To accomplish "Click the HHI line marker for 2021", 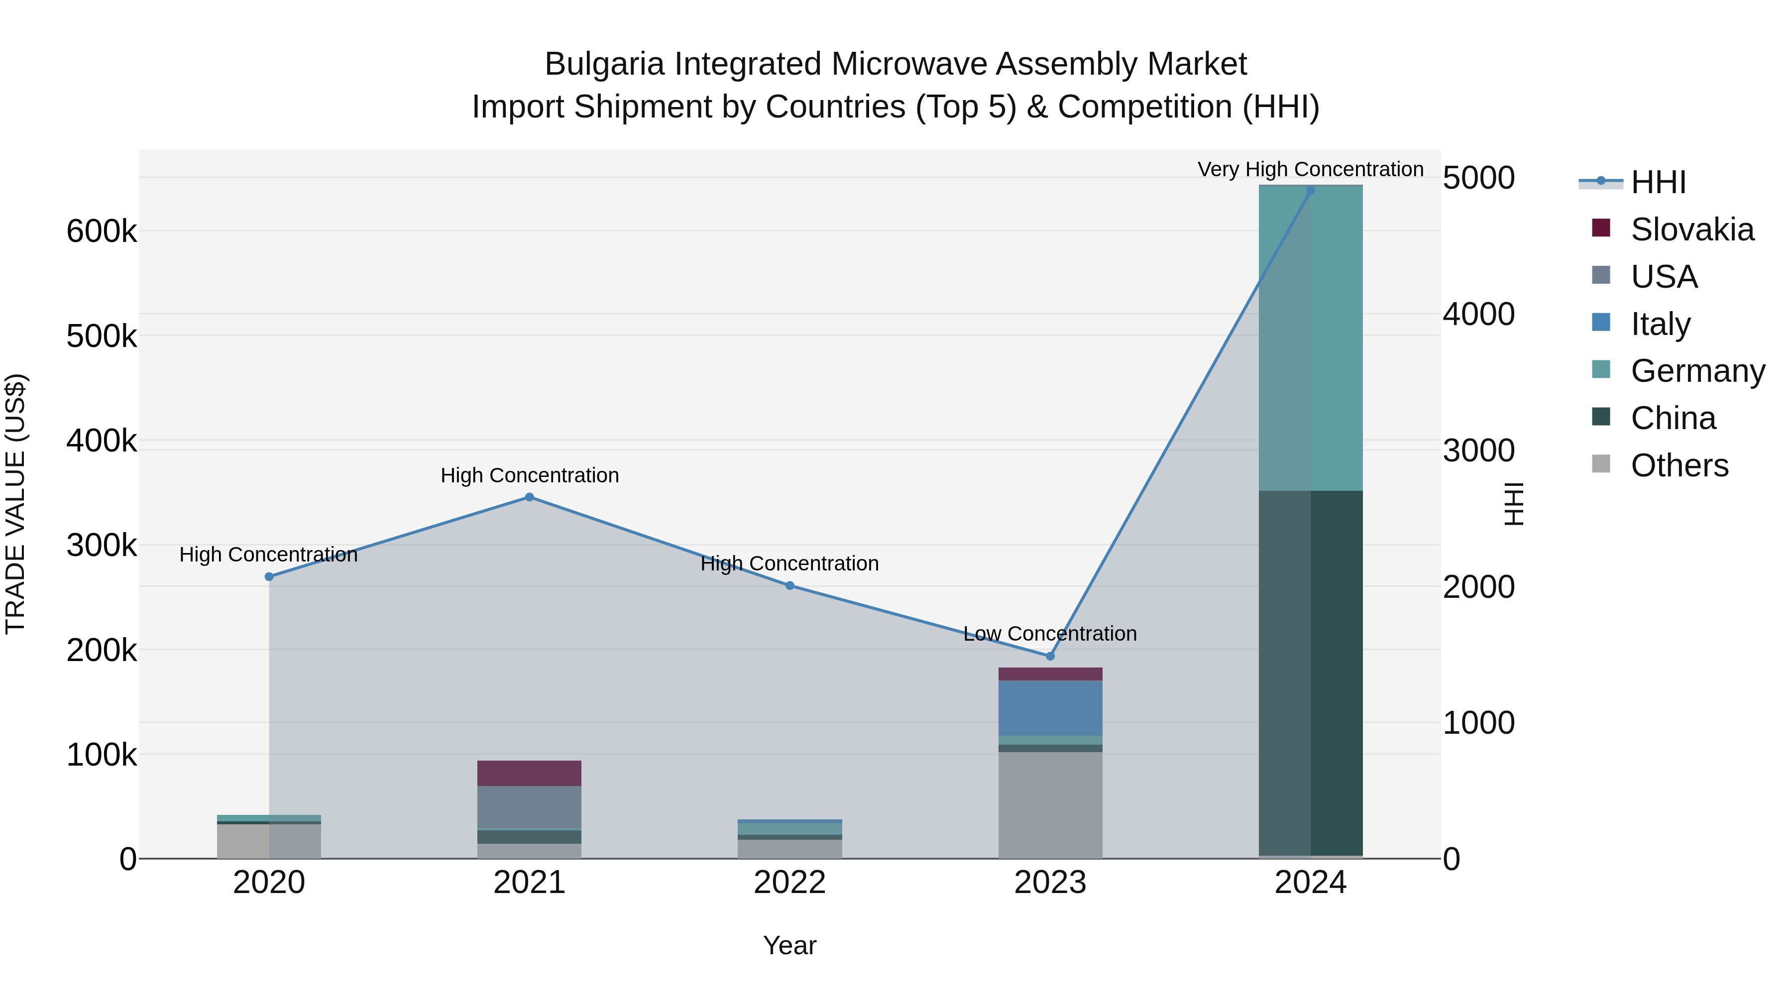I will point(530,497).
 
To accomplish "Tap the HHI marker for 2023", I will point(1050,656).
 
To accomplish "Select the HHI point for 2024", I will point(1311,191).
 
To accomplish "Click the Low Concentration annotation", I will point(1050,634).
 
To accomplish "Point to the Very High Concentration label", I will point(1310,169).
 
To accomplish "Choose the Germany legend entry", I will point(1697,371).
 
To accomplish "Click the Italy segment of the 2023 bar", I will point(1050,708).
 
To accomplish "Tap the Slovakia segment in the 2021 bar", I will point(530,773).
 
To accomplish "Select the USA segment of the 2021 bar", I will point(530,808).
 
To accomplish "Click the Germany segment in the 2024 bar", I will point(1311,338).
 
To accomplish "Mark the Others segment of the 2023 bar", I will point(1050,805).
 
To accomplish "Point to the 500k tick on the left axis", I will point(102,336).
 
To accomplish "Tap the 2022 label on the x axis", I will point(789,883).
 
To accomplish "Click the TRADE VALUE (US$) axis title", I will point(15,504).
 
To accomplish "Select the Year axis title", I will point(789,945).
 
